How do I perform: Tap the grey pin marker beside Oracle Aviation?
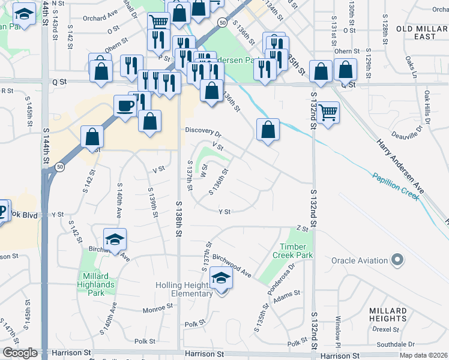pyautogui.click(x=397, y=260)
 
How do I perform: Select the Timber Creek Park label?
pyautogui.click(x=297, y=251)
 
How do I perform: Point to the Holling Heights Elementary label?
pyautogui.click(x=184, y=289)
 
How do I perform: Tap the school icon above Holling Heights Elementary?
pyautogui.click(x=221, y=279)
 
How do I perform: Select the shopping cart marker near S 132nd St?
pyautogui.click(x=328, y=112)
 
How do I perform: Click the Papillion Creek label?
pyautogui.click(x=394, y=186)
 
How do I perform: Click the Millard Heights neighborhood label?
pyautogui.click(x=388, y=314)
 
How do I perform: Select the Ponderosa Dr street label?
pyautogui.click(x=282, y=278)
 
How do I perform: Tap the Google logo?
pyautogui.click(x=20, y=353)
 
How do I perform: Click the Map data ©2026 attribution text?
pyautogui.click(x=423, y=355)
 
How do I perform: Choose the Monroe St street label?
pyautogui.click(x=158, y=310)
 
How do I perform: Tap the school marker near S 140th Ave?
pyautogui.click(x=113, y=240)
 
